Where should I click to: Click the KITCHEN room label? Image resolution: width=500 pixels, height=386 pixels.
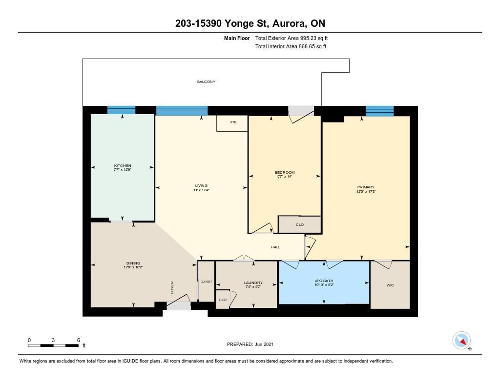123,166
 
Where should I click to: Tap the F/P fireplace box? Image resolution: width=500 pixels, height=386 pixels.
232,123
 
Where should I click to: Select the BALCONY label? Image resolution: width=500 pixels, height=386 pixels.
206,82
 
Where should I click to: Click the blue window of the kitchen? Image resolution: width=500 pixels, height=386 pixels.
121,110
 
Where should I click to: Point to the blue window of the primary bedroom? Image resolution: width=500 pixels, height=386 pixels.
379,111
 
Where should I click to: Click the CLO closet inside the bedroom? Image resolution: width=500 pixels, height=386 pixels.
300,224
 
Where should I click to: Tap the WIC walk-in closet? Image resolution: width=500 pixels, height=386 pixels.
390,284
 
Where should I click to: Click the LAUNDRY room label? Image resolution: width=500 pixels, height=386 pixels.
253,283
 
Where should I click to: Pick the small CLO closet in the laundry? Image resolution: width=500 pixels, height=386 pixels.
222,300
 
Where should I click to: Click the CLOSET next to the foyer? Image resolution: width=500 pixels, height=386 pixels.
206,282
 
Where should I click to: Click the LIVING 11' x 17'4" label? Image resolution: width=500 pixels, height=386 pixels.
201,188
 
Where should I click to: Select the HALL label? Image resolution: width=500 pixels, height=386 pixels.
276,247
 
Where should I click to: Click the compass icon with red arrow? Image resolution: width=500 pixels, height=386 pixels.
461,340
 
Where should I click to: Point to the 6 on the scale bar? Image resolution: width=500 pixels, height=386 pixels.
78,340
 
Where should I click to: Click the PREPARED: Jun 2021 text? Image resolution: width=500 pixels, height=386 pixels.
250,344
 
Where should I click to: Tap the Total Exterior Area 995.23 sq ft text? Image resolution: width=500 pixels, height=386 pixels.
295,38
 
